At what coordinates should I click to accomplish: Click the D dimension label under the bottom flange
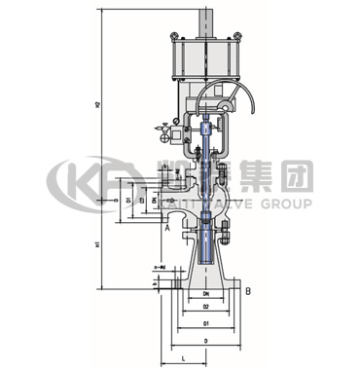[205, 341]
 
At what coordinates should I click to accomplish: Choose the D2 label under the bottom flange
[205, 308]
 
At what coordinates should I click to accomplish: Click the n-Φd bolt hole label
[159, 266]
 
